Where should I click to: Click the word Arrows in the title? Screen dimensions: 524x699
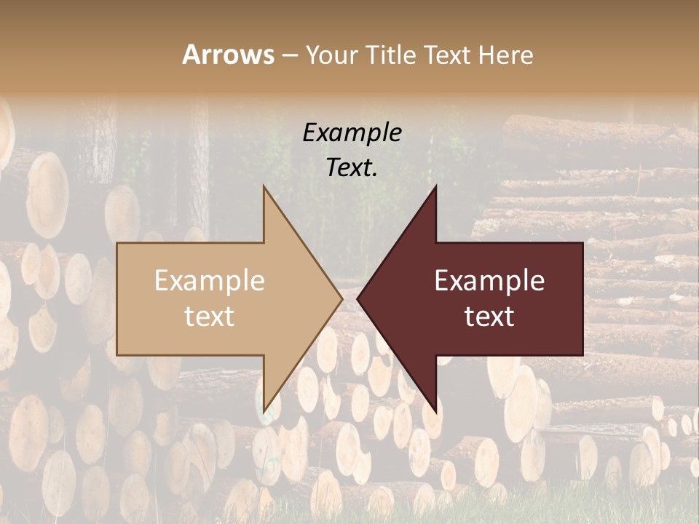click(228, 55)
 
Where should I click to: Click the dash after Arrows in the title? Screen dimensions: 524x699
click(289, 55)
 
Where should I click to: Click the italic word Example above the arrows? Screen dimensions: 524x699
click(352, 132)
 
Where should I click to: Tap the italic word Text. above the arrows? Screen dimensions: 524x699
click(352, 168)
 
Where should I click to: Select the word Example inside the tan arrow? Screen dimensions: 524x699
click(209, 280)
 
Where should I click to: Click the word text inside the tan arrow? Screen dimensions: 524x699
click(209, 316)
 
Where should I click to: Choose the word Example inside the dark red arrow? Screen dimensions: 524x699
click(489, 280)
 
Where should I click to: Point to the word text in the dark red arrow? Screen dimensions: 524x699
click(489, 316)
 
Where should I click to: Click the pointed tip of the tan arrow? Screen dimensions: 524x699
click(341, 298)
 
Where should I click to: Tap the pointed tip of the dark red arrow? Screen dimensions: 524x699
click(358, 298)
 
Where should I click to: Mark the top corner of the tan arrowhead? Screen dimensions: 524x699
click(264, 186)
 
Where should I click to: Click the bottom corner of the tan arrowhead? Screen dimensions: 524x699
click(264, 411)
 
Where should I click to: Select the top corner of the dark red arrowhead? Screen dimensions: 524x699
click(435, 186)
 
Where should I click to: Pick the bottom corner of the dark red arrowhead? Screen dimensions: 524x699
click(435, 411)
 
